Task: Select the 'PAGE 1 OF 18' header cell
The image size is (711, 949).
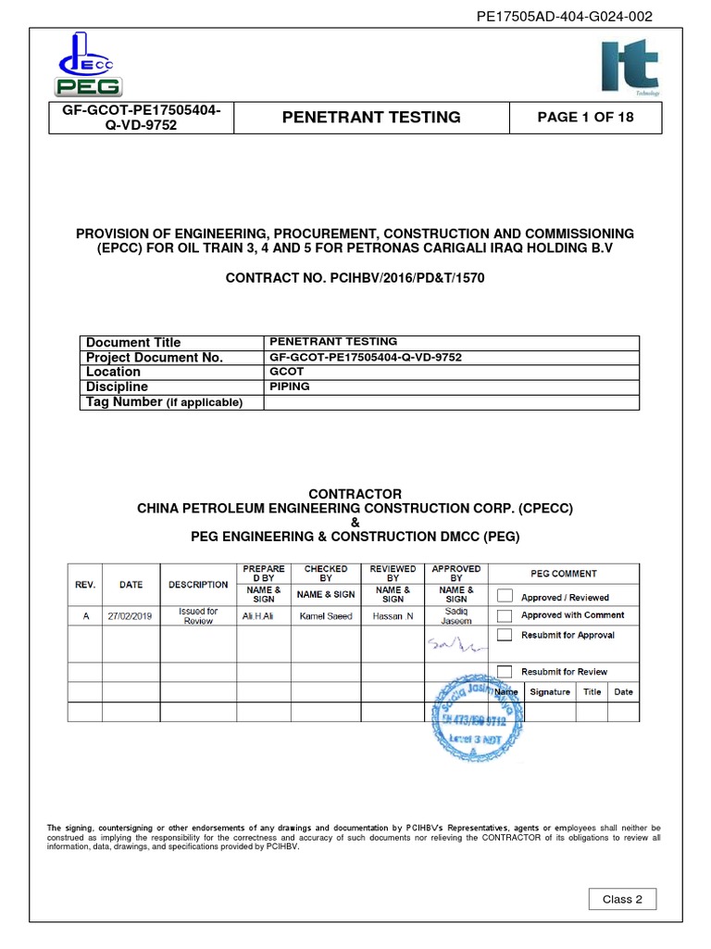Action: (586, 118)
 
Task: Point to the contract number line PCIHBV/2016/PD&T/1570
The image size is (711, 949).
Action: (355, 277)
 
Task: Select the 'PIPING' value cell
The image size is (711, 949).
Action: (290, 386)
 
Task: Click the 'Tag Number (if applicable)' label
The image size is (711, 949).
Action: (163, 401)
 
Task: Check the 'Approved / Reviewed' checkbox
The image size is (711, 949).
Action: (505, 597)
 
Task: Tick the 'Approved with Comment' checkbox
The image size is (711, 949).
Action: (505, 615)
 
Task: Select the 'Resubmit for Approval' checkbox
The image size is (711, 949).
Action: (505, 635)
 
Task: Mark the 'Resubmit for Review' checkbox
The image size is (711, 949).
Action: (505, 671)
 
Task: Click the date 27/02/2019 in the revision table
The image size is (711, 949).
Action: (131, 616)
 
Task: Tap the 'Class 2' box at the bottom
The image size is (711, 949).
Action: (622, 899)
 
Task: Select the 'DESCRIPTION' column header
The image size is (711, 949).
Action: (198, 585)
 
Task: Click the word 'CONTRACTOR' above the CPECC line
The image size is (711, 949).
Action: (355, 494)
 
